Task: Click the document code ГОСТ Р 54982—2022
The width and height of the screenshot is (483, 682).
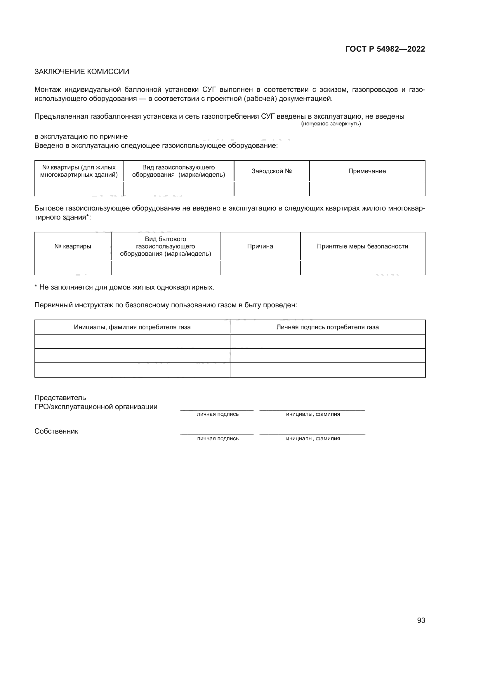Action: click(385, 49)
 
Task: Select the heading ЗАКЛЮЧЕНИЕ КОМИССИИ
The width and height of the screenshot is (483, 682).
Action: click(82, 72)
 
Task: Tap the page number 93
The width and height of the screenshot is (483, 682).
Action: click(421, 620)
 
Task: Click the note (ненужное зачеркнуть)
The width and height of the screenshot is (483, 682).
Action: click(331, 124)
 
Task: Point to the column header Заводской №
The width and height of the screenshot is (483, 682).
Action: click(271, 171)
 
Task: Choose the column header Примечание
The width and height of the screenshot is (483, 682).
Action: click(367, 171)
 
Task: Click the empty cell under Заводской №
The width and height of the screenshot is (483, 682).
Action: click(271, 189)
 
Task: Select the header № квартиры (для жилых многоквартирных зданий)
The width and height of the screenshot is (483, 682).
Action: click(79, 171)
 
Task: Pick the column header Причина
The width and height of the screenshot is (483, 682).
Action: click(260, 246)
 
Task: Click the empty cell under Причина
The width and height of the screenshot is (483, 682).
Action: click(260, 268)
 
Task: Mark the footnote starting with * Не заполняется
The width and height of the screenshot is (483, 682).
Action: click(124, 287)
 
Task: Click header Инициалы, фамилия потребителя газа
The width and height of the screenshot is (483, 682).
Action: click(132, 327)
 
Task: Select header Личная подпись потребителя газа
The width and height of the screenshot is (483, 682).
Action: click(327, 327)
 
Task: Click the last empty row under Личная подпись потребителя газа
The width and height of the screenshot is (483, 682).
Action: click(327, 370)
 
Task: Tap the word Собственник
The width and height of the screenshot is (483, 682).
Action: click(56, 431)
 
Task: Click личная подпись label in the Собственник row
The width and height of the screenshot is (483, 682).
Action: click(218, 439)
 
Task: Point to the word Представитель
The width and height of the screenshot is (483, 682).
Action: click(60, 397)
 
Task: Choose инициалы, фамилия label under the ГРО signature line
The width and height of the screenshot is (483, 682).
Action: click(313, 414)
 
